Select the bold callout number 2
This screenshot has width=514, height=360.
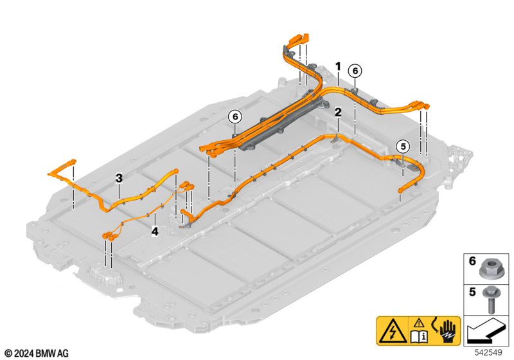(x=338, y=112)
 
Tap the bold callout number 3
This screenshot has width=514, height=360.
(x=119, y=177)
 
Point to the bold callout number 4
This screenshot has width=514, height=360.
(x=154, y=230)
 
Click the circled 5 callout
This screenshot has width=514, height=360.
(x=402, y=146)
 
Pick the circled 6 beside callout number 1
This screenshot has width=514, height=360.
(x=355, y=71)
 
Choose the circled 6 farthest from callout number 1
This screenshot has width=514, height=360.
(x=235, y=116)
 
